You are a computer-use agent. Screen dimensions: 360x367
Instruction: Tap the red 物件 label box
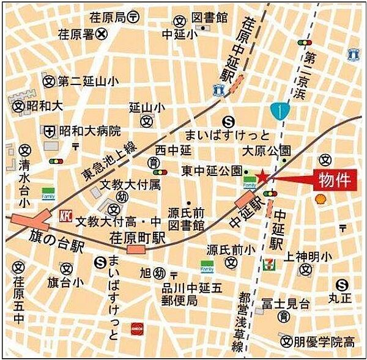click(333, 180)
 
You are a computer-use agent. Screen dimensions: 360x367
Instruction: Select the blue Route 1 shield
click(278, 110)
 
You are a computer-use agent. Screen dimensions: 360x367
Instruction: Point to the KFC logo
click(64, 216)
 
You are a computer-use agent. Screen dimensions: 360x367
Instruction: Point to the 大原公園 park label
click(266, 150)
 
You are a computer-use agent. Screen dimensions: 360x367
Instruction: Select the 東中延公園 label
click(211, 171)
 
